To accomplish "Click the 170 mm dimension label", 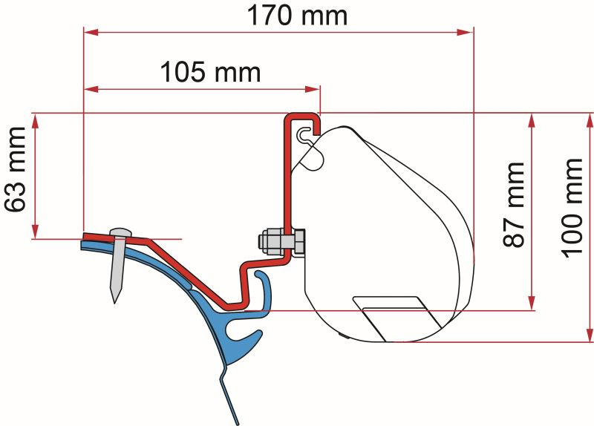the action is [297, 15].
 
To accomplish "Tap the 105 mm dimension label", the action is [211, 72].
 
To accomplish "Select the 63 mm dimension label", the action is [15, 169].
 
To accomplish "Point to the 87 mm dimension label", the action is [514, 205].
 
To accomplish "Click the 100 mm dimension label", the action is [571, 208].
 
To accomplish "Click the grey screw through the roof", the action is [118, 264].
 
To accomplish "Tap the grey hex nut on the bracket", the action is [270, 242].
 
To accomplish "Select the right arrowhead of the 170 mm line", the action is [466, 33].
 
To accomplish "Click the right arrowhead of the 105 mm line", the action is [313, 89].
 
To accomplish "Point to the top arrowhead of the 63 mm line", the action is [35, 121].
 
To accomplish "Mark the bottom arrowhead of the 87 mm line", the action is [532, 303].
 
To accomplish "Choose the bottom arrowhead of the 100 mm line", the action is [590, 335].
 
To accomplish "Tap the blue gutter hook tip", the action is [260, 274].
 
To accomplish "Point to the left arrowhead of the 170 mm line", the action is [91, 33].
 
